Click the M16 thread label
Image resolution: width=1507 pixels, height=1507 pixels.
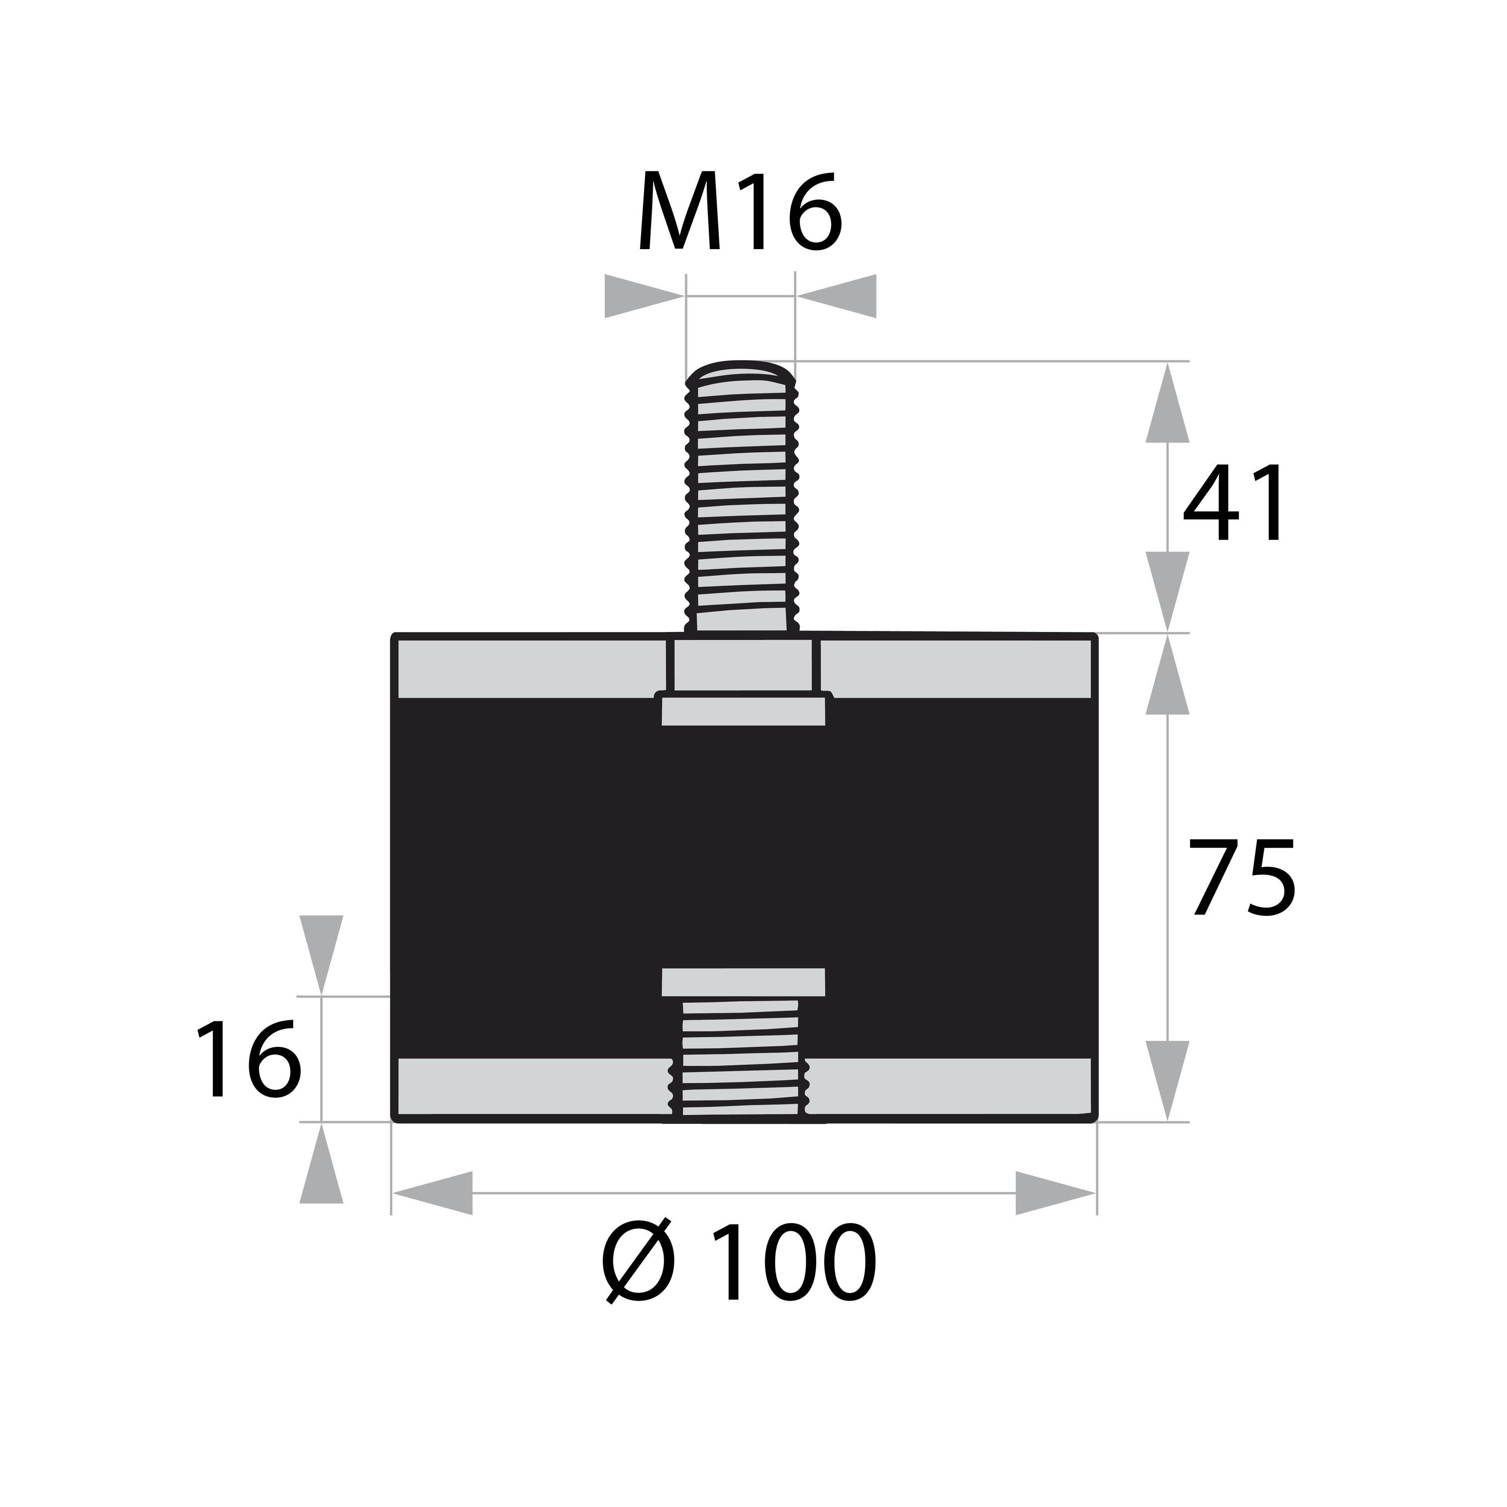(x=740, y=210)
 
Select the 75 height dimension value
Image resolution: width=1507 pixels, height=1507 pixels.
(x=1243, y=877)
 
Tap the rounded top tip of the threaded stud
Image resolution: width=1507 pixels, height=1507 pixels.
(x=741, y=367)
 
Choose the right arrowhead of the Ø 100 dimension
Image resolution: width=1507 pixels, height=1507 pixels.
(x=1056, y=1193)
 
